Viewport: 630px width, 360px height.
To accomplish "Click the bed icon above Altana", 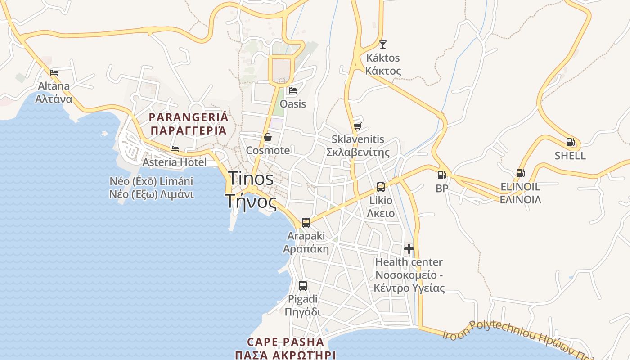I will click(x=54, y=72).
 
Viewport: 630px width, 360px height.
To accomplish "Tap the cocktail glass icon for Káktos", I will click(x=382, y=44).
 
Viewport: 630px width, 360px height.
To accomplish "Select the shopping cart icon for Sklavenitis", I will click(x=357, y=126).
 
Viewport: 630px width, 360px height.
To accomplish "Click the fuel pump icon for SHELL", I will click(x=570, y=142).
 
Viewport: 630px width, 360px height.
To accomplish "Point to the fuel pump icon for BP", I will click(x=442, y=175).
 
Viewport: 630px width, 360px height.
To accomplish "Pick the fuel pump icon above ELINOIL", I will click(x=520, y=173).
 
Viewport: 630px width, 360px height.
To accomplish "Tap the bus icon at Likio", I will click(x=381, y=187).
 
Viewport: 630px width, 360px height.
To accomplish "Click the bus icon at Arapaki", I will click(x=306, y=222).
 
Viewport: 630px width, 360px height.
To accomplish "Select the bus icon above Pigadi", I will click(x=303, y=285).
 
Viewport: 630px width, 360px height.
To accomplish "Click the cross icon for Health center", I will click(x=409, y=248).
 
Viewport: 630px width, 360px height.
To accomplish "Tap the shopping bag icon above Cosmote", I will click(x=268, y=137).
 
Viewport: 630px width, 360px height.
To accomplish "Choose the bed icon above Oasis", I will click(x=293, y=90).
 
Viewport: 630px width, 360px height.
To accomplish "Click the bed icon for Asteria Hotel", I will click(x=175, y=149).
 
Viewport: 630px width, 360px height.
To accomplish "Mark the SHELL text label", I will click(x=570, y=156).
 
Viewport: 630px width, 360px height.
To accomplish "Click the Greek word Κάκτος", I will click(x=383, y=71).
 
